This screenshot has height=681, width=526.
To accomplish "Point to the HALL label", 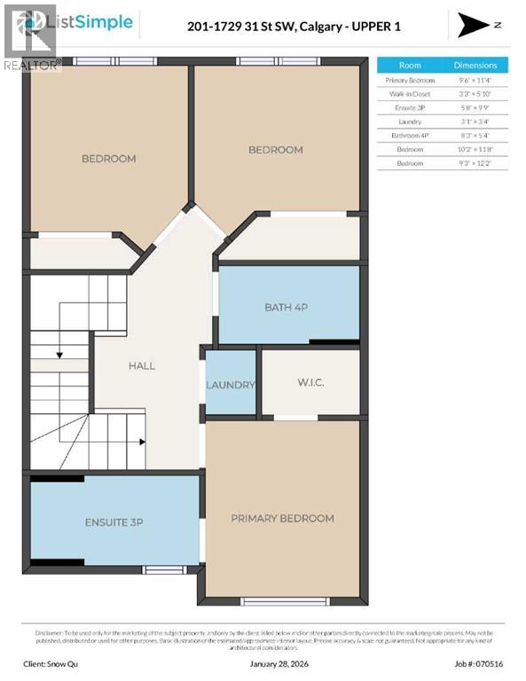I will coord(141,365).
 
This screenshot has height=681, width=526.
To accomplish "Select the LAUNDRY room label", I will coord(231,385).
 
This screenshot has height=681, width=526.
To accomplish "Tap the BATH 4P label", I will coord(286,308).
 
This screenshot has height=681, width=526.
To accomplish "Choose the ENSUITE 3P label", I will coord(114,522).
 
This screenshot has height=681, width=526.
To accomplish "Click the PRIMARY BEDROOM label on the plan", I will coord(282,518).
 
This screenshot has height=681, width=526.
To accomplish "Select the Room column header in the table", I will coord(410,66).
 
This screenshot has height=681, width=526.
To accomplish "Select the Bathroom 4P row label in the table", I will coord(410,136).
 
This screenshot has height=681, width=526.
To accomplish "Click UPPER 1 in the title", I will coord(377,27).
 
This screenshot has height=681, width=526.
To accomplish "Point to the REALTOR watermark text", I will coord(32,65).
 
